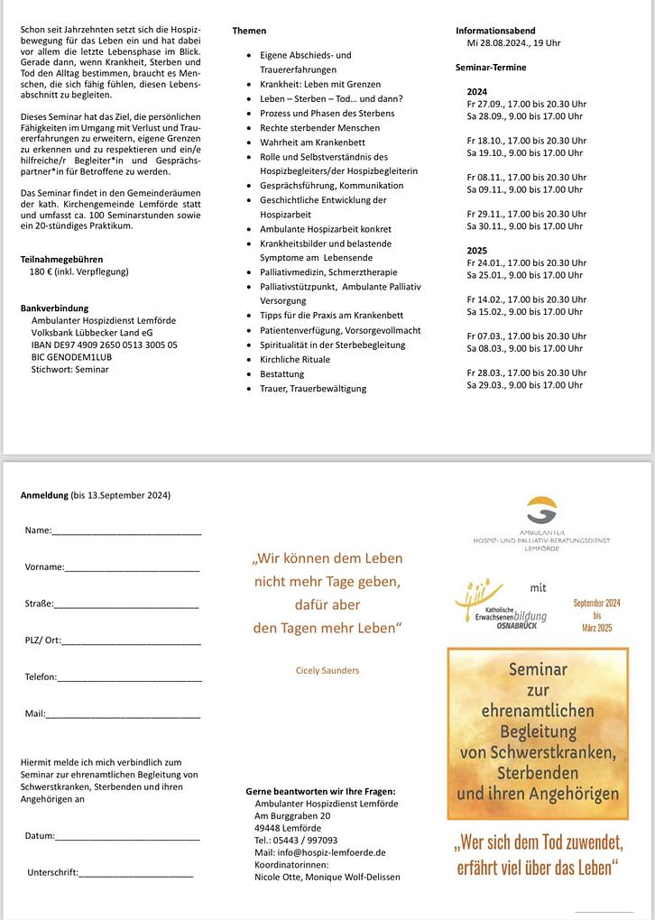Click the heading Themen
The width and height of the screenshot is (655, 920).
(x=249, y=31)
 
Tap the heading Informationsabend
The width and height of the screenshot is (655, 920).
(x=496, y=31)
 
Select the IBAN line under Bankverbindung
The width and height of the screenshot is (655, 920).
(x=104, y=345)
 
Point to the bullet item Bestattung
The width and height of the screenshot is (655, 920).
(x=282, y=373)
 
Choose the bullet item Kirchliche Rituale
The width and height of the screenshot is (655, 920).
(x=295, y=359)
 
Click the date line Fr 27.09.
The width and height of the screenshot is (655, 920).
(x=526, y=104)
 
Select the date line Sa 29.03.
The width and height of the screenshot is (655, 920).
(x=524, y=385)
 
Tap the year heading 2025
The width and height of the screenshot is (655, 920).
(x=476, y=250)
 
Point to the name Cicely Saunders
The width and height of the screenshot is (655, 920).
(x=327, y=670)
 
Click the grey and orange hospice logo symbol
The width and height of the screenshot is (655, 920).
(x=541, y=510)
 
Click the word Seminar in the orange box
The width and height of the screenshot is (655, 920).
(x=538, y=670)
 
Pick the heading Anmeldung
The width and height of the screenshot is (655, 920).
(x=44, y=495)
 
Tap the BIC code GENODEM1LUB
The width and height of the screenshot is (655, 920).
(x=78, y=357)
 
